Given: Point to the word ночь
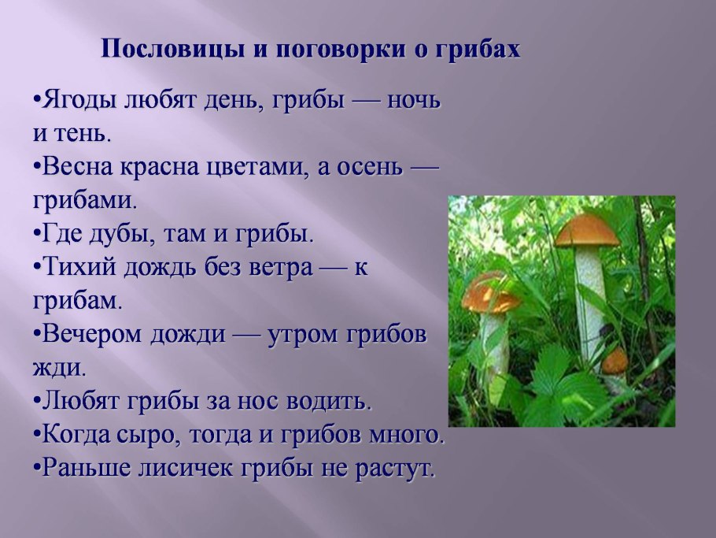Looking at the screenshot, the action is pos(414,100).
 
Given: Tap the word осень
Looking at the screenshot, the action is pos(370,168).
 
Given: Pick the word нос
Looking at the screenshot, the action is pos(257,403).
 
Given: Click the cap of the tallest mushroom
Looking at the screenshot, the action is pos(587,231).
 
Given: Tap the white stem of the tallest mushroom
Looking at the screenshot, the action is pos(590,302).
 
